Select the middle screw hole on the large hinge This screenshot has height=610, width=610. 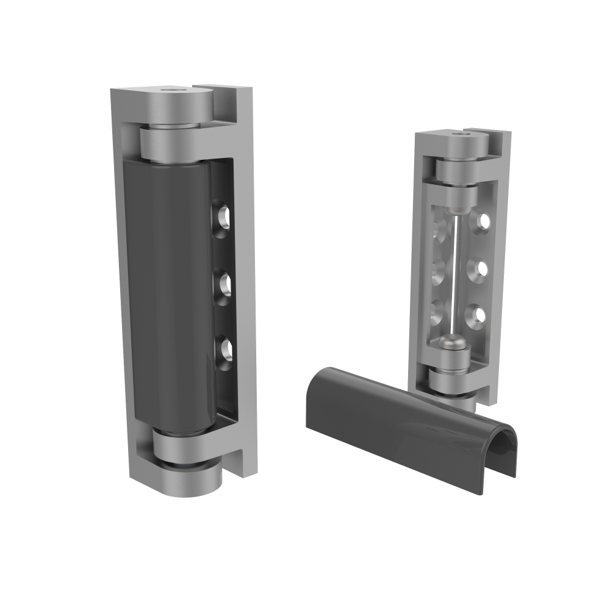pyautogui.click(x=224, y=282)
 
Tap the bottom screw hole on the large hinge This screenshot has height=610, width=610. pyautogui.click(x=224, y=349)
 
